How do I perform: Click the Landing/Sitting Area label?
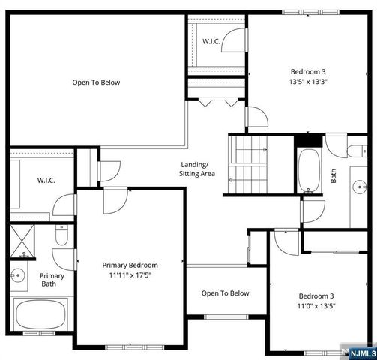click(x=197, y=169)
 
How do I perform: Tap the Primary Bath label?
click(x=52, y=279)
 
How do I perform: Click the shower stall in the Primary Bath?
click(x=21, y=241)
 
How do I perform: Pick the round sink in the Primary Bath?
click(x=16, y=274)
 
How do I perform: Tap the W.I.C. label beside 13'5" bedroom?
click(x=212, y=41)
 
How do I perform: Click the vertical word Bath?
click(x=334, y=176)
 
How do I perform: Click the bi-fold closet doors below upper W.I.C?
click(x=217, y=103)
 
